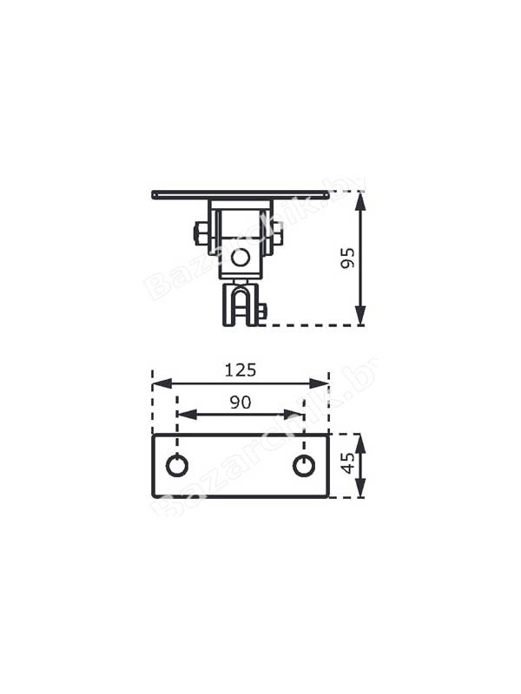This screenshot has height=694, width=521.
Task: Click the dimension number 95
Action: click(x=349, y=258)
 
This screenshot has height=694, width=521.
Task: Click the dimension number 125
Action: click(x=241, y=370)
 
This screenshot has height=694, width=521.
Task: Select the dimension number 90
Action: click(x=241, y=402)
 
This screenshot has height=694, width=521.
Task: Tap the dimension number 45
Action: click(x=349, y=462)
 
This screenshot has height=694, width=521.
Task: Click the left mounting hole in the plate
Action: click(x=177, y=466)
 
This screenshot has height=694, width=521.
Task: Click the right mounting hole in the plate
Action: click(x=305, y=466)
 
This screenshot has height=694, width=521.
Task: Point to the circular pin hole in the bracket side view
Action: click(x=241, y=258)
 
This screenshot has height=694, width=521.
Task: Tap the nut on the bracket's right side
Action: click(x=277, y=233)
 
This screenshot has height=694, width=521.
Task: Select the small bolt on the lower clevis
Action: click(x=262, y=311)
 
